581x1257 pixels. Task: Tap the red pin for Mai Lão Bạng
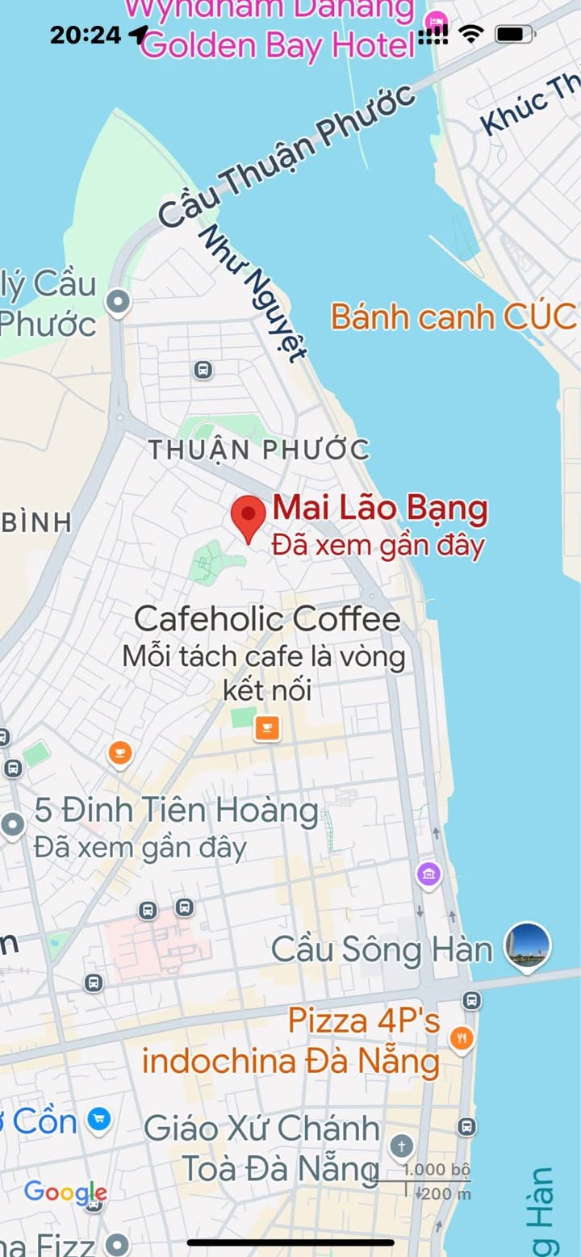point(249,517)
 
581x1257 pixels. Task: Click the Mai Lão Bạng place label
point(380,509)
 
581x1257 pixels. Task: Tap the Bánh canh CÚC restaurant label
point(453,316)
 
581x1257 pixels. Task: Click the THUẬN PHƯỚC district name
point(259,450)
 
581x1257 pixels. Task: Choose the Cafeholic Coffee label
point(267,619)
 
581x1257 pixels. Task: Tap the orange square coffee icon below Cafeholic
point(267,727)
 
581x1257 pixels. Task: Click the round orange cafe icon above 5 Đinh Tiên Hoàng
point(120,754)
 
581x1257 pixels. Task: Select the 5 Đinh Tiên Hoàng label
point(176,811)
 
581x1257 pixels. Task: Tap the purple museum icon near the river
point(428,874)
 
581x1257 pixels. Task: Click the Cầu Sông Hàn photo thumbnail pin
point(528,945)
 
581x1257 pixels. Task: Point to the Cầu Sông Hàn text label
point(382,949)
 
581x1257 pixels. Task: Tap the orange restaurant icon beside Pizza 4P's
point(461,1038)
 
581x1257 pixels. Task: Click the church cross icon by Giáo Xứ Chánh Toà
point(401,1146)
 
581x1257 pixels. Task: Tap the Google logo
point(65,1192)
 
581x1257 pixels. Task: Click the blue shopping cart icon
point(99,1119)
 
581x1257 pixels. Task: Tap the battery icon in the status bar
point(513,34)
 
